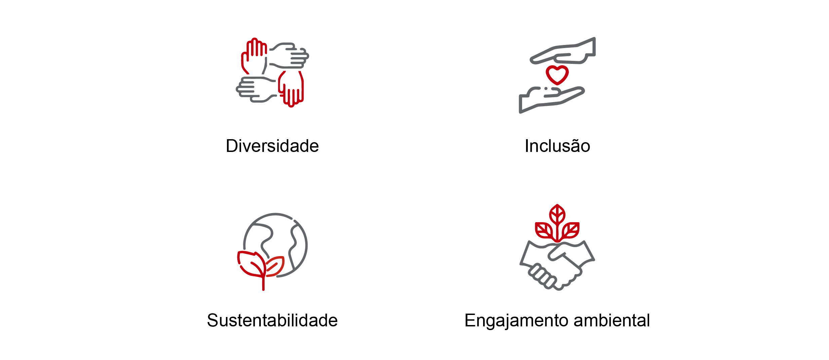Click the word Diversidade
click(272, 146)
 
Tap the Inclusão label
click(557, 146)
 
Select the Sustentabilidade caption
click(272, 320)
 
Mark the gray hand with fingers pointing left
click(254, 89)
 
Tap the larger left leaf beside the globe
click(250, 264)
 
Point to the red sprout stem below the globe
click(263, 284)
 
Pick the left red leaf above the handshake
click(544, 230)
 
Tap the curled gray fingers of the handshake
click(541, 276)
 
